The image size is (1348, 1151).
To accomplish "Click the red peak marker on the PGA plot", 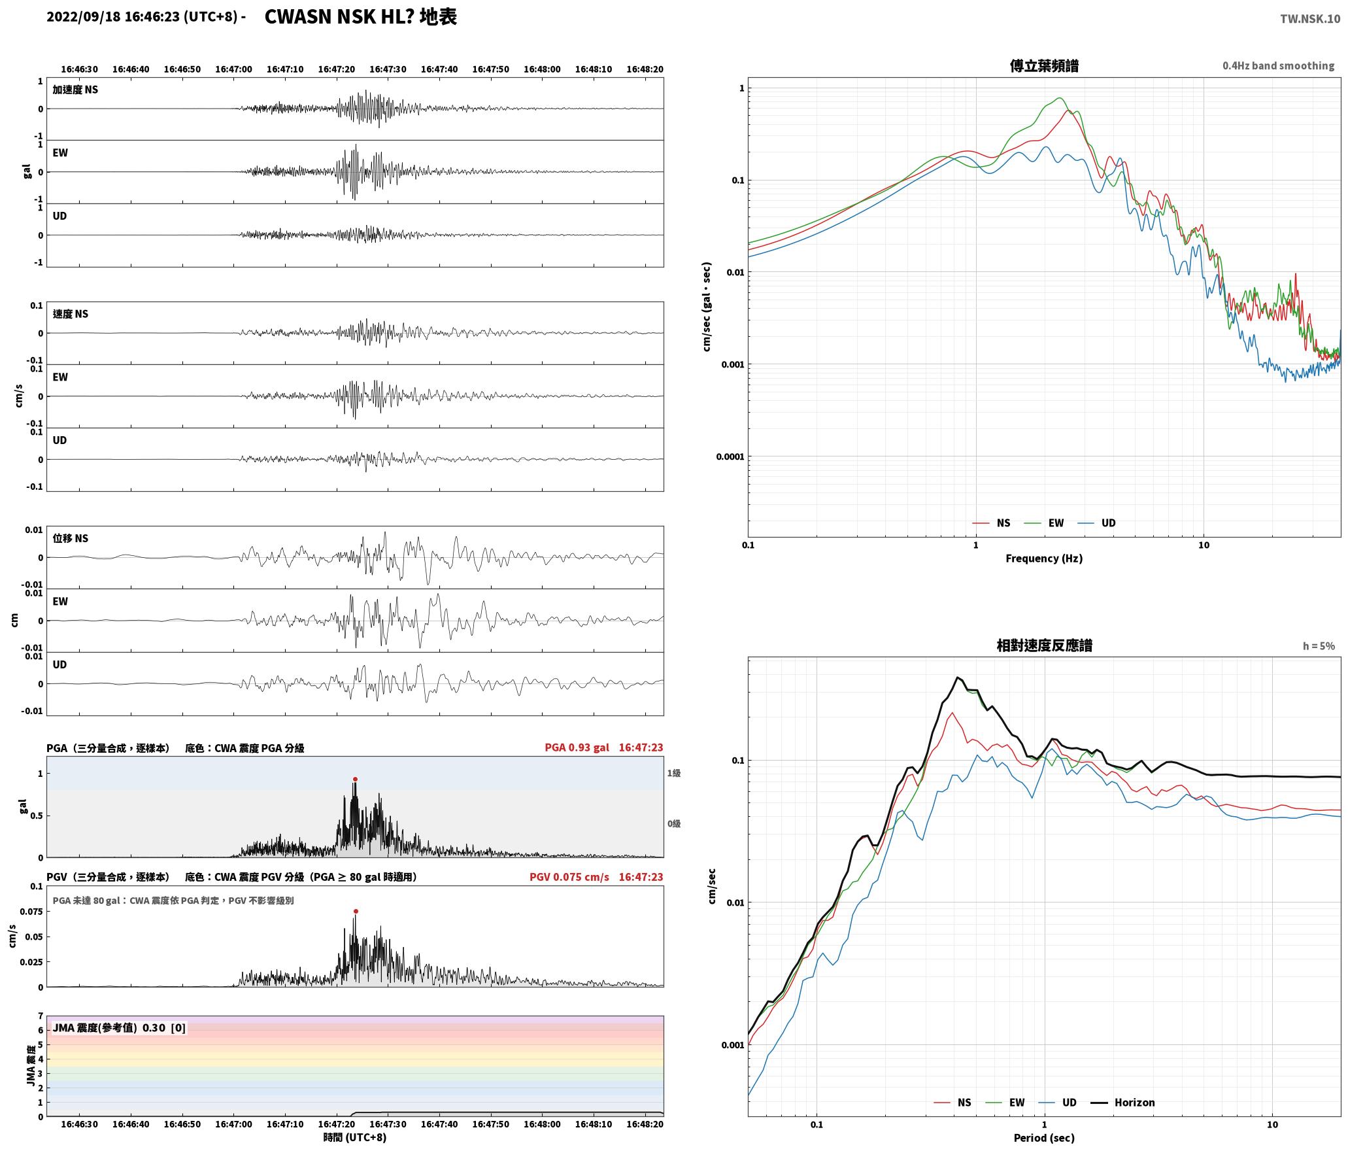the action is coord(355,779).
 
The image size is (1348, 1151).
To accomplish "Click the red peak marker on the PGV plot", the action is coord(356,911).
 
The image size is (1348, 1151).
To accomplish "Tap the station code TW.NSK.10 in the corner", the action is coord(1309,19).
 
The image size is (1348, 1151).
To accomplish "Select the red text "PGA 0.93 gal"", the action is coord(577,747).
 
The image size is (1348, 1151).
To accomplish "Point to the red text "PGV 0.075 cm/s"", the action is coord(569,877).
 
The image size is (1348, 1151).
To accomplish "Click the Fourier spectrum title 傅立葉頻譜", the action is coord(1044,65).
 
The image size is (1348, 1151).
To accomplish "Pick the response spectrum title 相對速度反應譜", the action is coord(1044,645).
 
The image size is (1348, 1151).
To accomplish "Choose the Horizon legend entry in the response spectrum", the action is coord(1124,1102).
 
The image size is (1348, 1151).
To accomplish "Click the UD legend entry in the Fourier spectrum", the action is coord(1098,523).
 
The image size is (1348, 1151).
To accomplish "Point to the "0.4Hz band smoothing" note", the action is coord(1278,65).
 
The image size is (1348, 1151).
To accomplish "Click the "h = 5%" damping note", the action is coord(1319,646).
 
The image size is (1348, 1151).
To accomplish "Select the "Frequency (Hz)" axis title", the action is coord(1044,558).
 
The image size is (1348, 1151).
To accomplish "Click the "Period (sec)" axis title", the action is coord(1044,1138).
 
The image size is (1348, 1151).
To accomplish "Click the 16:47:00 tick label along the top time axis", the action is coord(233,69).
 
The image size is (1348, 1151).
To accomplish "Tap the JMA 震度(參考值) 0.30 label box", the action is coord(119,1027).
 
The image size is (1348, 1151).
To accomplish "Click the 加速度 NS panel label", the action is coord(75,90).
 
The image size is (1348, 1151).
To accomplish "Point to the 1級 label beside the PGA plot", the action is coord(674,773).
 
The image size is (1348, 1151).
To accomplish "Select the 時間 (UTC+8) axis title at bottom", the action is coord(355,1137).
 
